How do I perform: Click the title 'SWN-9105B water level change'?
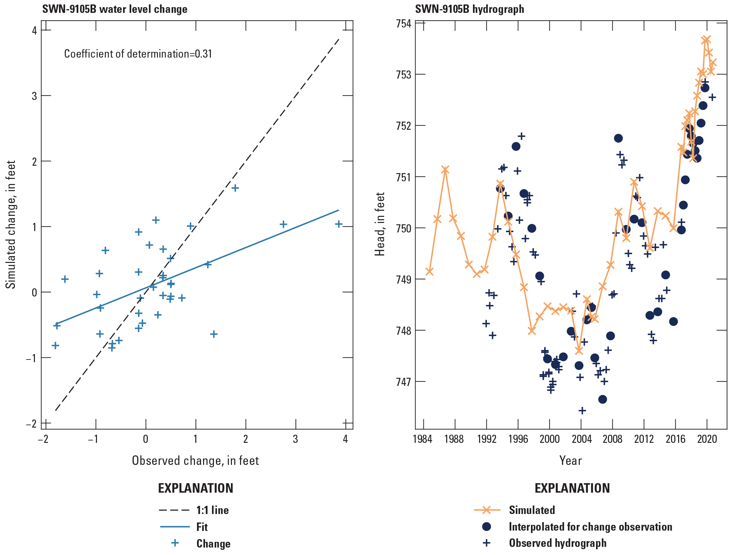point(115,9)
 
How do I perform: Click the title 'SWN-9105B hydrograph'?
point(469,9)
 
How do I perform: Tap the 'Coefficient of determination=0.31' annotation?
point(138,54)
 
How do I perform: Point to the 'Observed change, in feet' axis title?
point(195,460)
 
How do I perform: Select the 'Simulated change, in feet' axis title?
point(11,225)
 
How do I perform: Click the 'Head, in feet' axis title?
point(380,224)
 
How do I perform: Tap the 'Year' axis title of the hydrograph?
point(571,460)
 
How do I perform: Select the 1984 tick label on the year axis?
point(422,439)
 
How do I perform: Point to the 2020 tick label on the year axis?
point(707,439)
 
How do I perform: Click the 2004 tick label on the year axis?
point(581,439)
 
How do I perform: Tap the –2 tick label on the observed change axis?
point(43,439)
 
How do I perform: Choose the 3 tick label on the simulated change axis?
point(34,96)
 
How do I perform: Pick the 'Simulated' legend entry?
point(532,510)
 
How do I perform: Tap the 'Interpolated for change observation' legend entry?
point(590,527)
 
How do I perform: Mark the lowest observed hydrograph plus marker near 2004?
point(582,411)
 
